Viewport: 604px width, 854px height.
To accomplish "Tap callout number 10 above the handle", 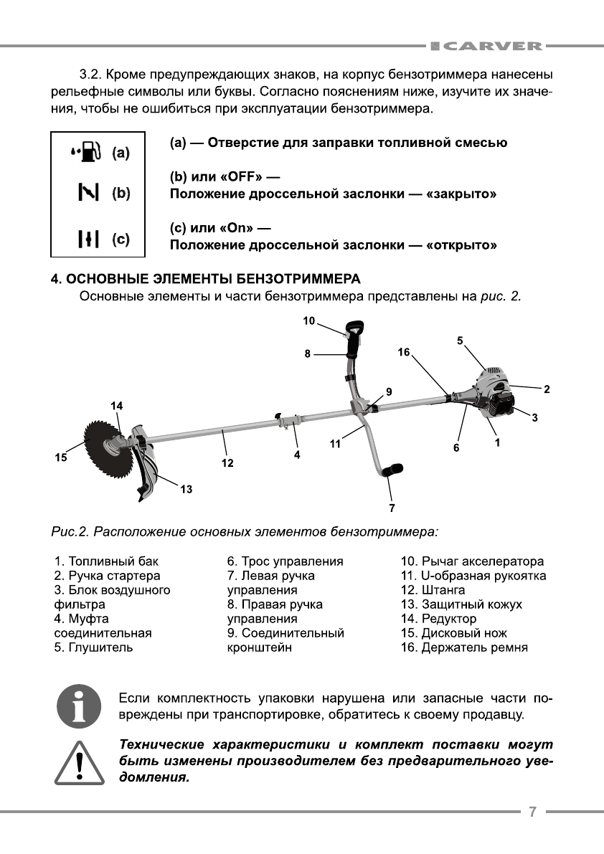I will click(x=309, y=321).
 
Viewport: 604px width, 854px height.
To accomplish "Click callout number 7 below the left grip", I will click(x=392, y=508).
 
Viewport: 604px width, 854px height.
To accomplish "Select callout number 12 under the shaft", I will click(x=227, y=463).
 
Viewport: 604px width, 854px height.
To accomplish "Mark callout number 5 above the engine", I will click(x=460, y=340).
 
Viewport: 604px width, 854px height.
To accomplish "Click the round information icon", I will click(x=78, y=706).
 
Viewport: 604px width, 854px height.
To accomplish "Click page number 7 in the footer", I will click(x=532, y=812).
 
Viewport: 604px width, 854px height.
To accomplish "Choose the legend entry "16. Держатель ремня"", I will click(x=464, y=647).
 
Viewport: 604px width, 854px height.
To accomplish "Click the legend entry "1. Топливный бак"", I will click(x=107, y=561).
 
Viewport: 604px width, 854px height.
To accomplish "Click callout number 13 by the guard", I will click(x=187, y=490).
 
